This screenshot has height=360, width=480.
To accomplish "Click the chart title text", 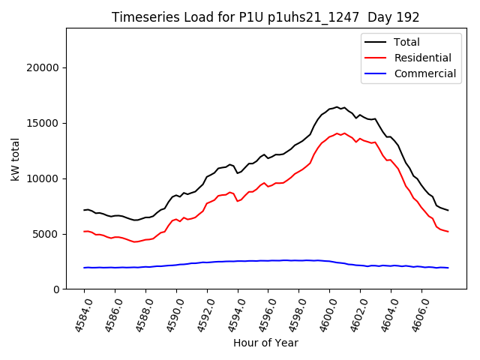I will (265, 16).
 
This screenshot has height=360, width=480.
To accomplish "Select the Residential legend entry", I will (423, 58).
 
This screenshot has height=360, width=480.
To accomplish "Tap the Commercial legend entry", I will (424, 73).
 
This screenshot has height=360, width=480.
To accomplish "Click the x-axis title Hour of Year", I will (265, 343).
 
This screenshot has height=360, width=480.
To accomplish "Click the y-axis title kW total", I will (15, 158).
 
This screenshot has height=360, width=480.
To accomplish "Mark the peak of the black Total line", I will (337, 107).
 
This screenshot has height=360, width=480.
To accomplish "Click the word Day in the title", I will (385, 16).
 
